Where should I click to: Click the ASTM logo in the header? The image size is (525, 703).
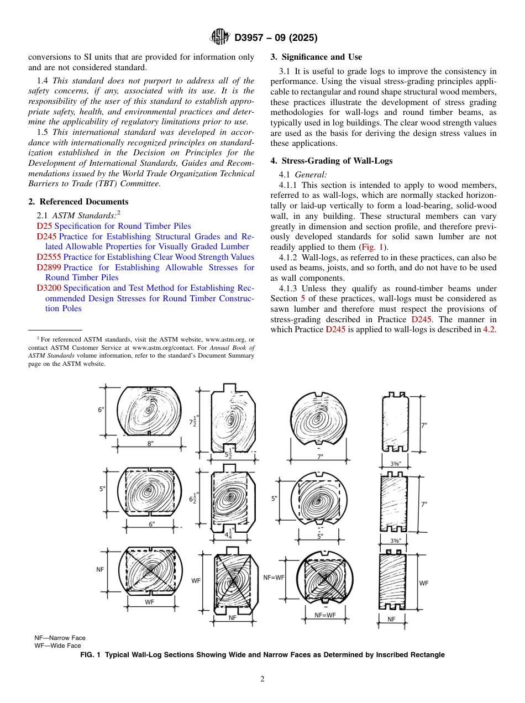(221, 38)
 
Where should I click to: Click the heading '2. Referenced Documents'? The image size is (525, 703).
(78, 202)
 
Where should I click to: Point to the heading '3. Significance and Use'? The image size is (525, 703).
(316, 57)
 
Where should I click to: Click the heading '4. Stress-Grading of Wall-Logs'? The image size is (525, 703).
(332, 161)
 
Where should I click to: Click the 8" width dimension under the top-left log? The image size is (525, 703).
(150, 443)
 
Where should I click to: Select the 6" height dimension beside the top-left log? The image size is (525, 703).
(101, 410)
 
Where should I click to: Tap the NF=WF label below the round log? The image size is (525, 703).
(325, 615)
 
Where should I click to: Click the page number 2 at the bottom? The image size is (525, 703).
(262, 679)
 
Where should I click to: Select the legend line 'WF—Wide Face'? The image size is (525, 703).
(57, 646)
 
